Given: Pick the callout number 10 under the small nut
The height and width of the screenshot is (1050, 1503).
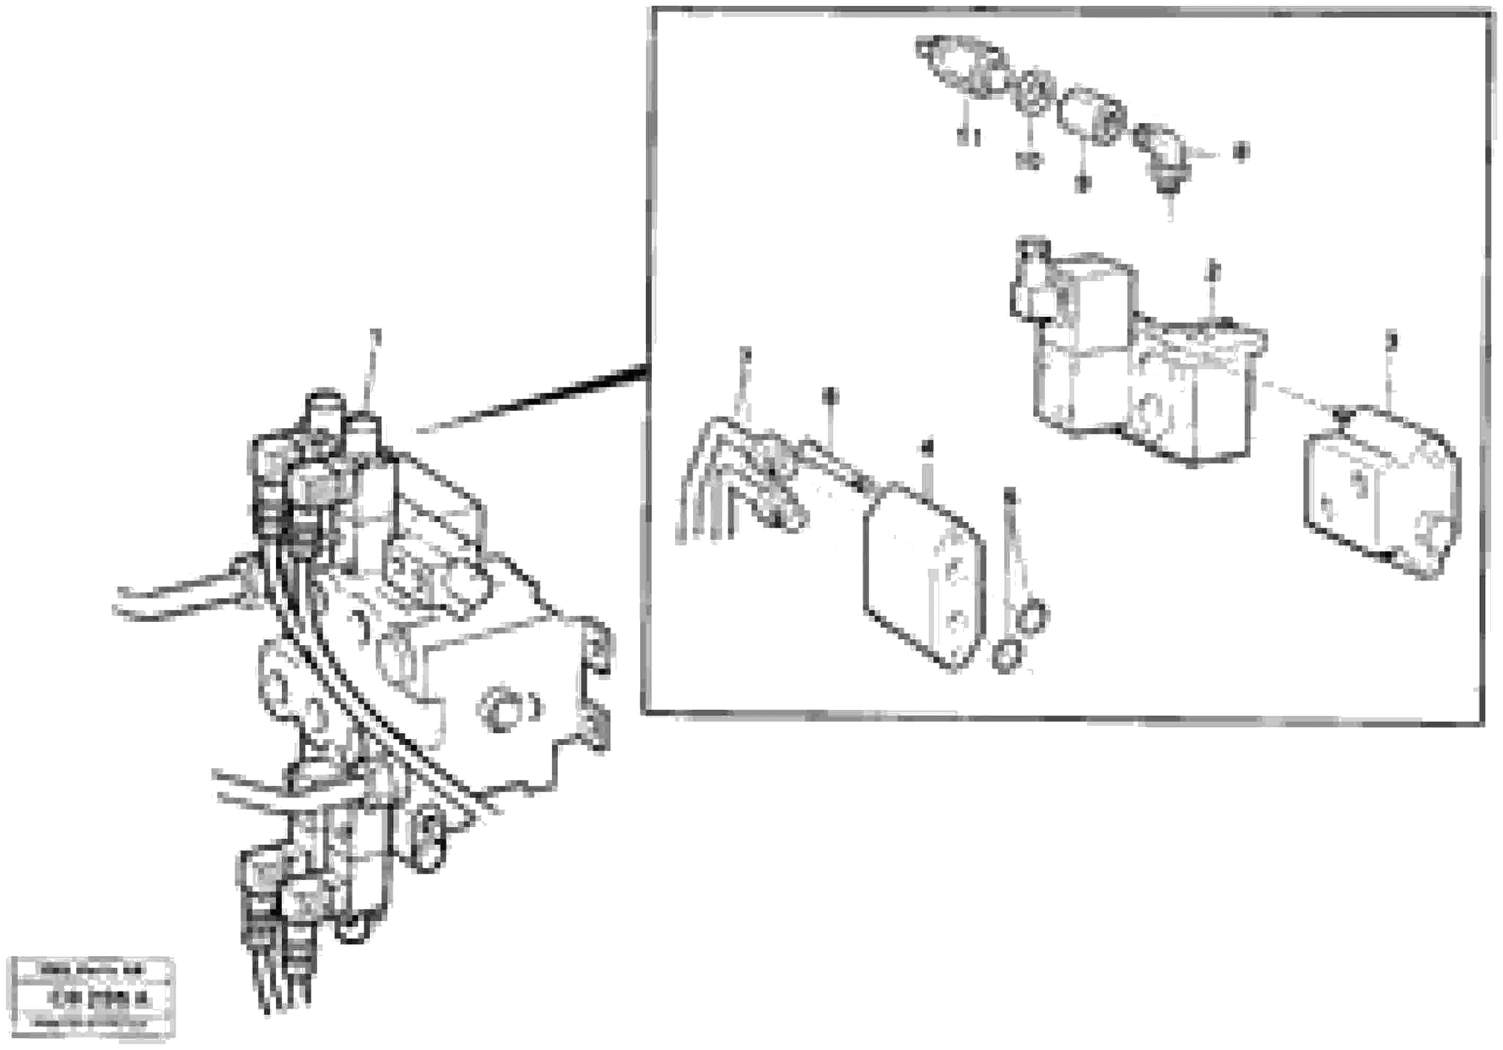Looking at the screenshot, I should (x=1030, y=159).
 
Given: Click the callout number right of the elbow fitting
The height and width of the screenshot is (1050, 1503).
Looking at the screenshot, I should (x=1239, y=151).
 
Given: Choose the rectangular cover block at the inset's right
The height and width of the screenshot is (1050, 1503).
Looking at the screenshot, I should (x=1381, y=491).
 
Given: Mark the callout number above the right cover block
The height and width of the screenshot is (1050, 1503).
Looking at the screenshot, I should (x=1392, y=341).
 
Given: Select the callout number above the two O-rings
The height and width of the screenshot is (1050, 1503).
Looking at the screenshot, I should (x=1010, y=495).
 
